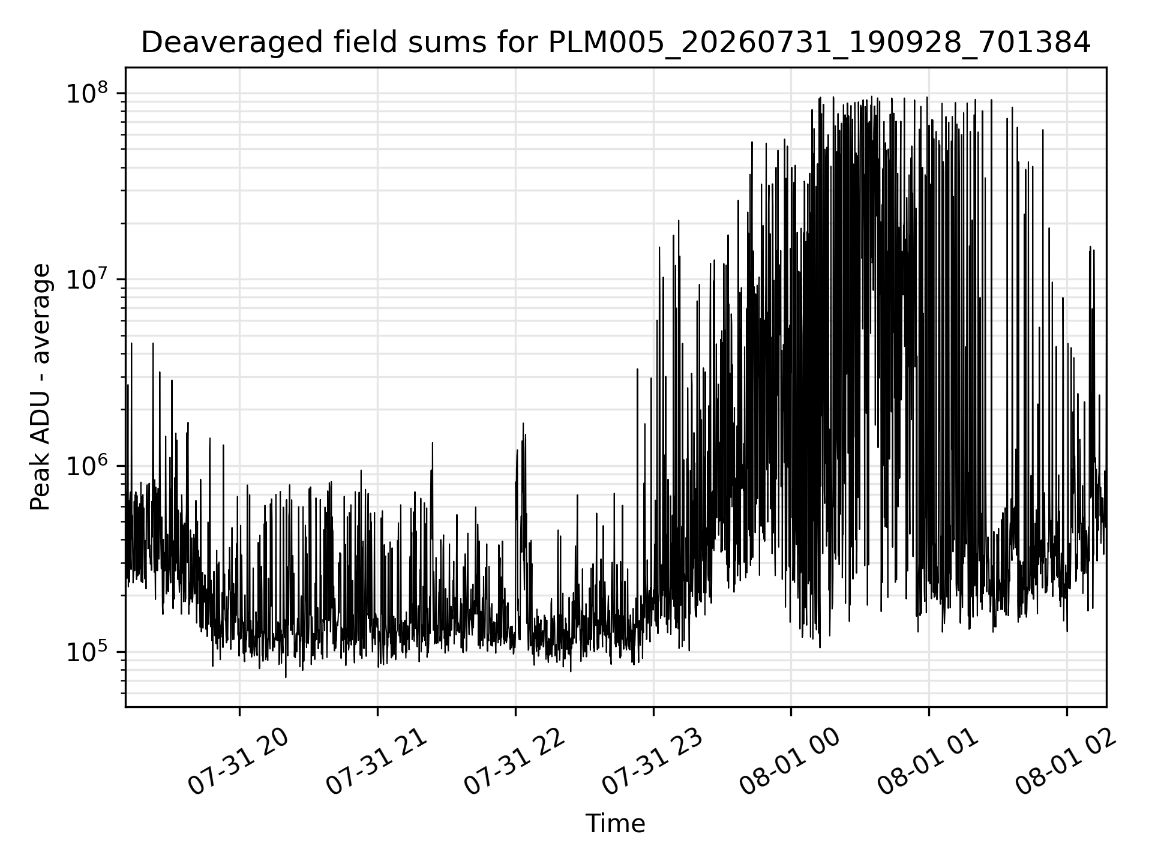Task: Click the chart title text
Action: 615,43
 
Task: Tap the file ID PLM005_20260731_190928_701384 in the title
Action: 819,43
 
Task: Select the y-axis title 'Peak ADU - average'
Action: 41,388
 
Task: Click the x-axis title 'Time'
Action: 615,824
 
